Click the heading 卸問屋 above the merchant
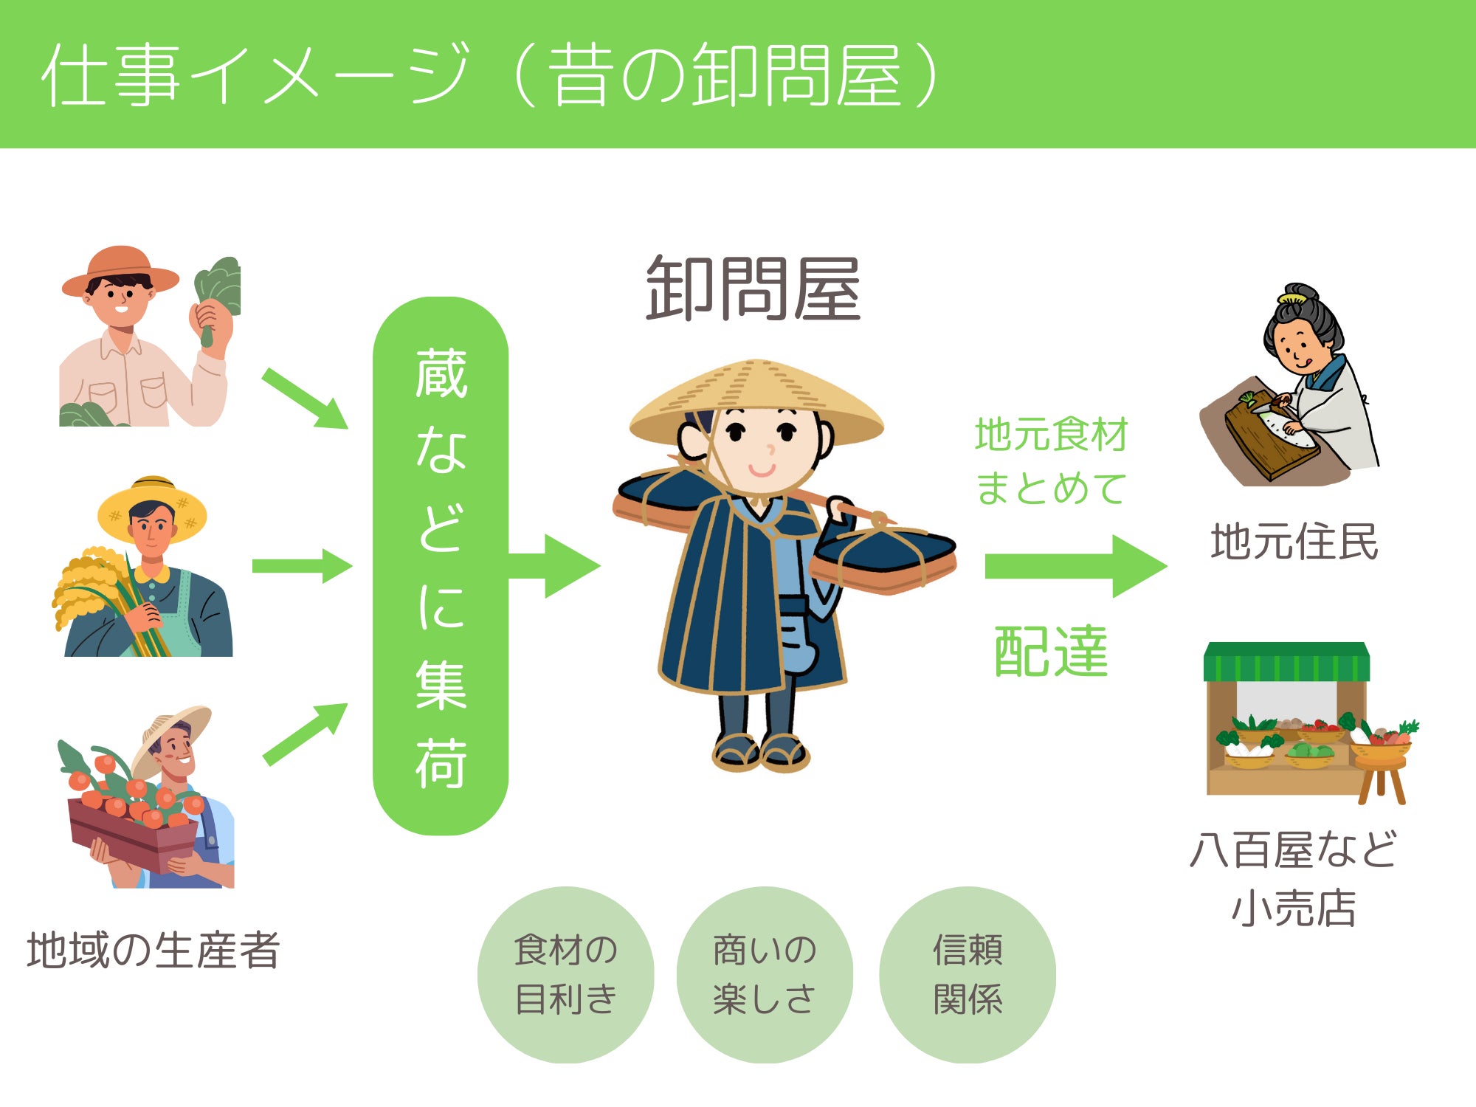[x=753, y=289]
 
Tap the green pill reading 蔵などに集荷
[x=441, y=566]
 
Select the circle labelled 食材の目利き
[x=566, y=974]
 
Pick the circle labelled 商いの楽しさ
[x=765, y=974]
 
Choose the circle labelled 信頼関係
[x=968, y=974]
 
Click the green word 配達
[x=1051, y=651]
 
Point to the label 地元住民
[x=1294, y=542]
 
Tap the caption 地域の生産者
[x=154, y=950]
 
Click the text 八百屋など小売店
[x=1294, y=878]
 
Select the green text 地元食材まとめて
[x=1052, y=461]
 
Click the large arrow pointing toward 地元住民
[x=1076, y=566]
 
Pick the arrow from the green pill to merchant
[x=555, y=566]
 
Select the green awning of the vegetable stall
[x=1286, y=662]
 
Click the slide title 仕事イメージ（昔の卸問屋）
[x=491, y=75]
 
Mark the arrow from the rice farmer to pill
[x=303, y=566]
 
